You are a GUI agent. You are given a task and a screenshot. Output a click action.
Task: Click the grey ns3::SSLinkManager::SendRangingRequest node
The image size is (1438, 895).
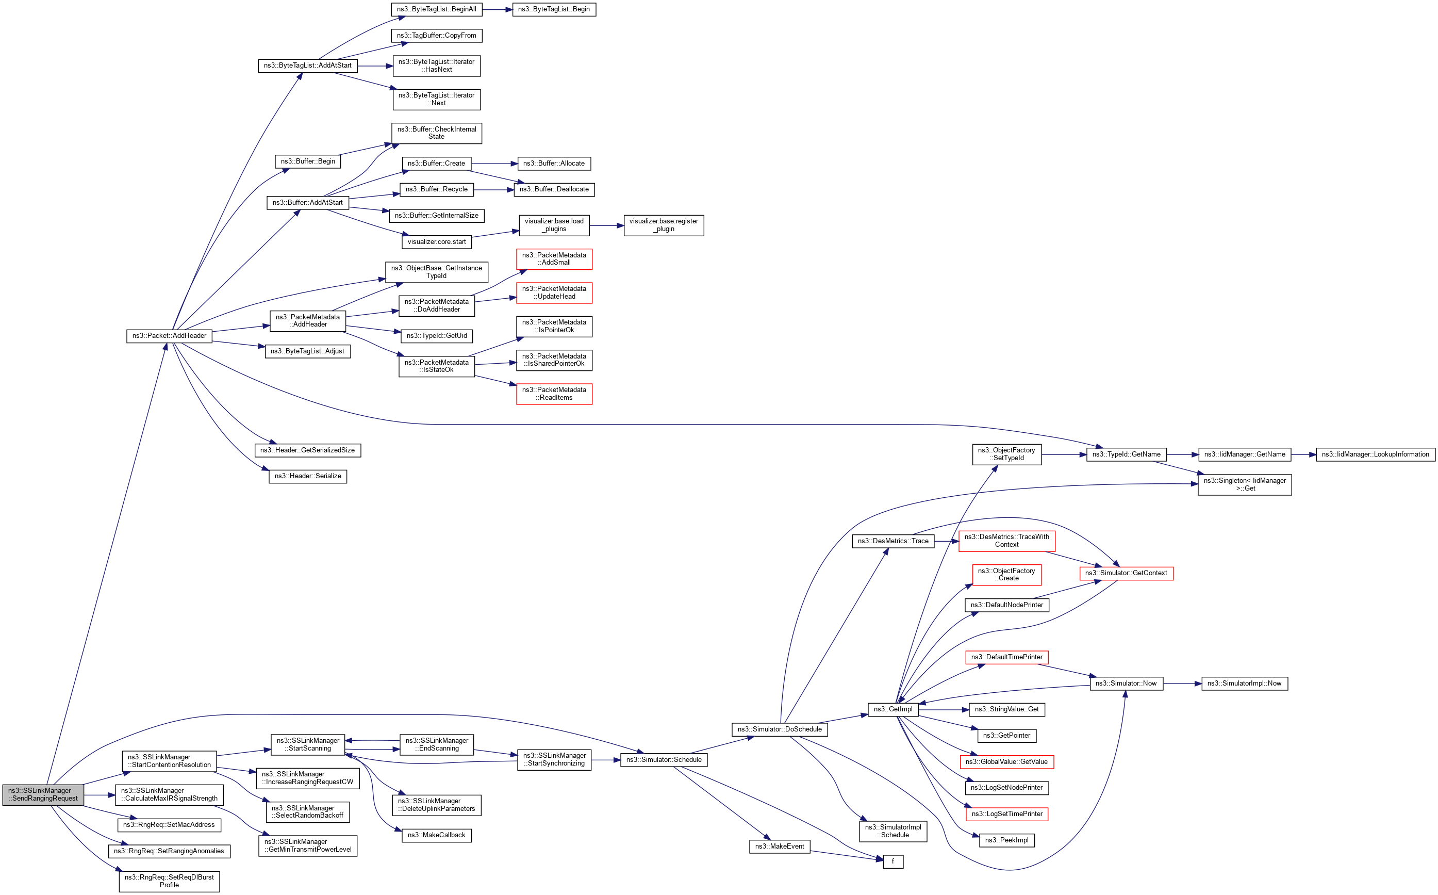point(43,794)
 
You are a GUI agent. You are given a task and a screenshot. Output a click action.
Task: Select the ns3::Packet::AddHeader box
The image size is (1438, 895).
point(169,336)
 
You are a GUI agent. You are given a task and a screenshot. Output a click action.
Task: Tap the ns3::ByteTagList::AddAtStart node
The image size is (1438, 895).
point(308,66)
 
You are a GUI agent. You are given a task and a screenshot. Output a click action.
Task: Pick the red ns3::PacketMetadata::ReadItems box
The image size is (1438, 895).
point(554,394)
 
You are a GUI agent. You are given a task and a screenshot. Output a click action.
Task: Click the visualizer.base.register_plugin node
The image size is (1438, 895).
point(663,225)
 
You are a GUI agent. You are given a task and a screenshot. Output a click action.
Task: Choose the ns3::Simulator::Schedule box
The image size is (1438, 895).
point(663,760)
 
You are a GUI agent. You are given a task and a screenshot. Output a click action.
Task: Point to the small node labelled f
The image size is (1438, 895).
point(892,862)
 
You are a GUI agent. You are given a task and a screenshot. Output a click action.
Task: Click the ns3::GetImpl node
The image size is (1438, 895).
point(892,709)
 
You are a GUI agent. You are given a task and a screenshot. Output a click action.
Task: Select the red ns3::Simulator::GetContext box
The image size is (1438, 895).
point(1126,573)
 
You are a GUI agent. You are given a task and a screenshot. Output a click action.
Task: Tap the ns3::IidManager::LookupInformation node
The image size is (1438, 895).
point(1375,454)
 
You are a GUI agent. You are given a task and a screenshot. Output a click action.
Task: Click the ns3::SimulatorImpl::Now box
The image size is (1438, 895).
point(1244,684)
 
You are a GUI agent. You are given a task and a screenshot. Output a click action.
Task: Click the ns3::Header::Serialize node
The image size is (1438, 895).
point(308,477)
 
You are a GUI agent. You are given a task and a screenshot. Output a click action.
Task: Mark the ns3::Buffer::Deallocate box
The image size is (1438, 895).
point(554,189)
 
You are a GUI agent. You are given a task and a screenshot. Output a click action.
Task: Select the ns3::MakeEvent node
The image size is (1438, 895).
point(779,847)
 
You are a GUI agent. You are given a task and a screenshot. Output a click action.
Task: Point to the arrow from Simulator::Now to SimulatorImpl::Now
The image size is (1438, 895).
point(1182,684)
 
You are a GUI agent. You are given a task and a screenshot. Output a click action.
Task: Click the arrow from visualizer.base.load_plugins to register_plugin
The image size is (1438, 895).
point(606,225)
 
